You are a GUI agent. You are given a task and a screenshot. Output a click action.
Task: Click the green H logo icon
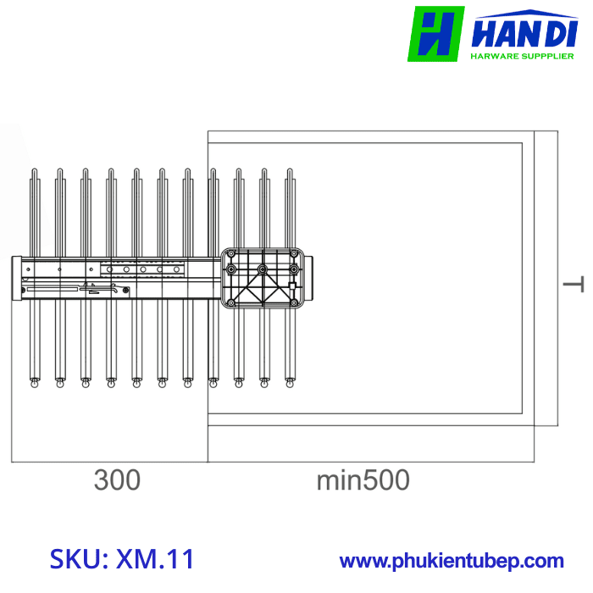435,34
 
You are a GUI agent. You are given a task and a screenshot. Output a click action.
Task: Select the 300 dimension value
117,480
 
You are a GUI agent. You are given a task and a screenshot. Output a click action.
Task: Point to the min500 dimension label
363,480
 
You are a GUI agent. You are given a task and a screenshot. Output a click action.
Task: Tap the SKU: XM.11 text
122,559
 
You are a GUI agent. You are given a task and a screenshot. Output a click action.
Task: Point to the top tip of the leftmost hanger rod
34,173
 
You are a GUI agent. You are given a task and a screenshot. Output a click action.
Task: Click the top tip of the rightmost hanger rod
290,173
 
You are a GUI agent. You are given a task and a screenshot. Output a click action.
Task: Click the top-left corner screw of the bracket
230,253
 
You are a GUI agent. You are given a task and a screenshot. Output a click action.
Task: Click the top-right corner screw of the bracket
294,253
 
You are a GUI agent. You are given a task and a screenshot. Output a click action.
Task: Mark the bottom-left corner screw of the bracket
230,302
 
